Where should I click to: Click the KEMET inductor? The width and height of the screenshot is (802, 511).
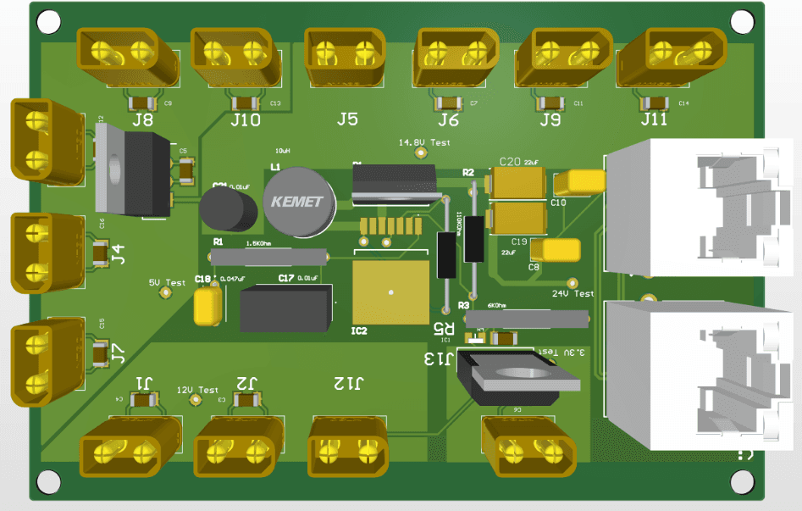pos(299,202)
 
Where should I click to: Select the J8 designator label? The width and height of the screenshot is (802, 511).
pos(143,120)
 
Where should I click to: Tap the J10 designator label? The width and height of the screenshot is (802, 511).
pos(246,120)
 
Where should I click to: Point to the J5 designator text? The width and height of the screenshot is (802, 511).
pos(347,119)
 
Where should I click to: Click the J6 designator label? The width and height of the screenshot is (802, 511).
pos(449,120)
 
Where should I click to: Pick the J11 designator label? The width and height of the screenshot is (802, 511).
pos(654,119)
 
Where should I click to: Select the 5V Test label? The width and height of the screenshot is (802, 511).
pos(167,282)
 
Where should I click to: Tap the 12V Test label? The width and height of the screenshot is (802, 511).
pos(197,390)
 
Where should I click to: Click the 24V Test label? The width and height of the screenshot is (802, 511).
pos(573,294)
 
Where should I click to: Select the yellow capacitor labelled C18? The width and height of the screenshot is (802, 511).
pos(207,307)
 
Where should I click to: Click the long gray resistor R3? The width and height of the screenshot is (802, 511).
pos(530,319)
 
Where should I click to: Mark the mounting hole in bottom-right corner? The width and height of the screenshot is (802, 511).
pos(743,481)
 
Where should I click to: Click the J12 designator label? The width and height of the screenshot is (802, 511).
pos(347,383)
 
